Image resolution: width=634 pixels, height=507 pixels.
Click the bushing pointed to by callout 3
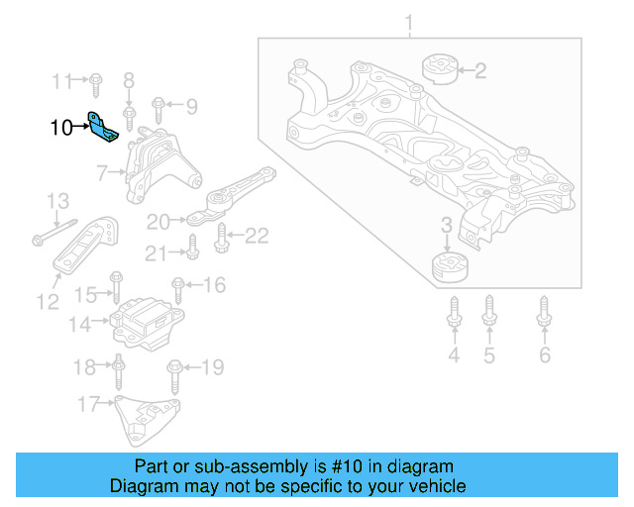coord(451,267)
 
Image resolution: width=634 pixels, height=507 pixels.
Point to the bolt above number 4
coord(454,313)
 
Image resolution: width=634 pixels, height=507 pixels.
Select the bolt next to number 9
coord(158,105)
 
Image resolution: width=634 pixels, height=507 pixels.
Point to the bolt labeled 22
coord(222,236)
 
